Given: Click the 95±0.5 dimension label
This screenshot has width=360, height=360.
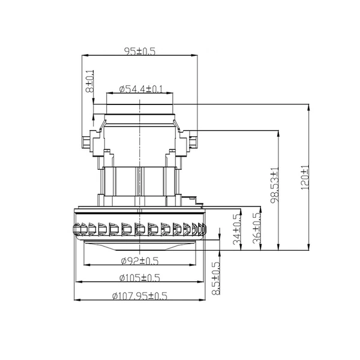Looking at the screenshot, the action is click(140, 51).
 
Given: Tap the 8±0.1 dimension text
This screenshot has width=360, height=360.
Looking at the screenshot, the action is click(90, 81).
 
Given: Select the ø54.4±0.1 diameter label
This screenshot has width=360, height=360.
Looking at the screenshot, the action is click(141, 89).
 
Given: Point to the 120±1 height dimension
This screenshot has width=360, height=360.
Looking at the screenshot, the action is click(305, 177).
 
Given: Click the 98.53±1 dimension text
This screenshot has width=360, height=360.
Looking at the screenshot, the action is click(275, 185).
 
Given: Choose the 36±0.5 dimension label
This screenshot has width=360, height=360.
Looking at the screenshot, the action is click(257, 228).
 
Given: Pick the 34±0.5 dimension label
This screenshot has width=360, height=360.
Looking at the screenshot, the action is click(237, 229).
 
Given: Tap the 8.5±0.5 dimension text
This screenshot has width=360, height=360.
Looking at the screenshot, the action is click(216, 278).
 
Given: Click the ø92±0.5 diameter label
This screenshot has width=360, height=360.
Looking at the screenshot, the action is click(140, 261).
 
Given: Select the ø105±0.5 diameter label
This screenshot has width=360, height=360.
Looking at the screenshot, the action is click(140, 278).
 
